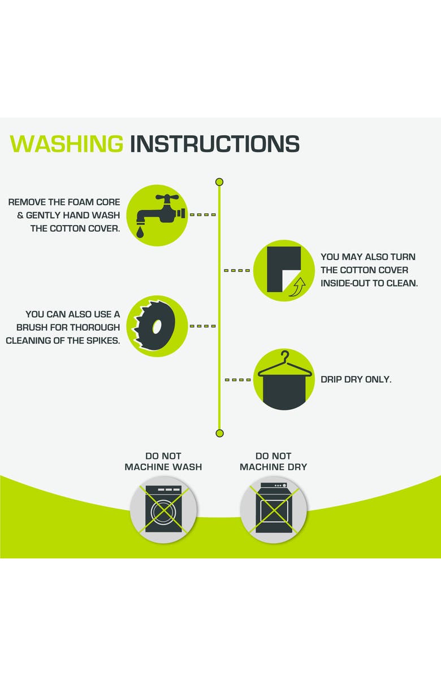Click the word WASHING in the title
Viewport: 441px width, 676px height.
point(66,144)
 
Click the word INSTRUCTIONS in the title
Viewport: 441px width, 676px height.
point(215,144)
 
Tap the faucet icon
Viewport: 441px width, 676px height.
point(159,211)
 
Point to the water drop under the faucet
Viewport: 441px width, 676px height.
point(140,232)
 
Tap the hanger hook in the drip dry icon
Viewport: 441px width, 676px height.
point(284,357)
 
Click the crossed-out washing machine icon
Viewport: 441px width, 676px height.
point(163,509)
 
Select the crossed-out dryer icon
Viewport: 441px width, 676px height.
point(273,509)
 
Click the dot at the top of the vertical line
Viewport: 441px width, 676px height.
point(219,182)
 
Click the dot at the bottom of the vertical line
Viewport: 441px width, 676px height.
point(219,433)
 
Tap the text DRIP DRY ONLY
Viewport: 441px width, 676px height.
point(356,379)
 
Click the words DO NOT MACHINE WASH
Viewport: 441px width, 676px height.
point(163,461)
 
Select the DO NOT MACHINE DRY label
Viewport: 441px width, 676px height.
point(273,461)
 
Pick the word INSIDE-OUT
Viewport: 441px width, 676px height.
point(345,283)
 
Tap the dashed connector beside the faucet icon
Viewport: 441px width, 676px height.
point(202,215)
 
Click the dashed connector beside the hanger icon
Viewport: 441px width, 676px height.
point(237,380)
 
